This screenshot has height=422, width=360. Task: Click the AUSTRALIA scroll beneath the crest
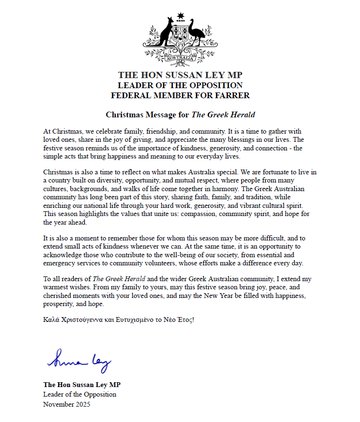pyautogui.click(x=180, y=58)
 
